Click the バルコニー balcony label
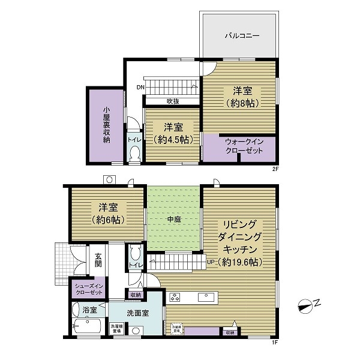[x=242, y=35]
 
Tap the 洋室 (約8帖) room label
[x=243, y=97]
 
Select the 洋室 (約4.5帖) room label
[x=173, y=133]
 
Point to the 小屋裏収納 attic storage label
[x=106, y=125]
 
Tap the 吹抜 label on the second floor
[x=173, y=101]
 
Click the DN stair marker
[x=140, y=88]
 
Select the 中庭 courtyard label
[x=173, y=220]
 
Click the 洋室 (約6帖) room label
[x=108, y=213]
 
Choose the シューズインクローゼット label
[x=88, y=288]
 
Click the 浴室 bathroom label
[x=89, y=311]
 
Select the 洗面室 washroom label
[x=137, y=313]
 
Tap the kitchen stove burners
[x=176, y=296]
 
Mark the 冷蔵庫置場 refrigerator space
[x=177, y=329]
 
